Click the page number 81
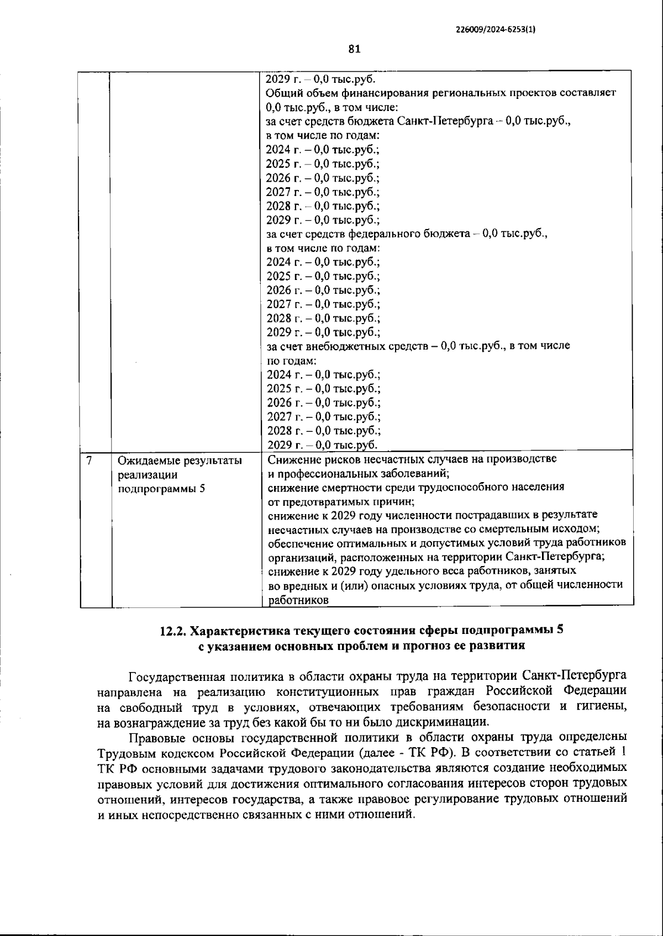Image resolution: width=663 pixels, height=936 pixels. (354, 49)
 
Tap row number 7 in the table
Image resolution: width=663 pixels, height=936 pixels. (89, 459)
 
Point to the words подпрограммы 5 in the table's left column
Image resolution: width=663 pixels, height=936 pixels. (160, 488)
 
